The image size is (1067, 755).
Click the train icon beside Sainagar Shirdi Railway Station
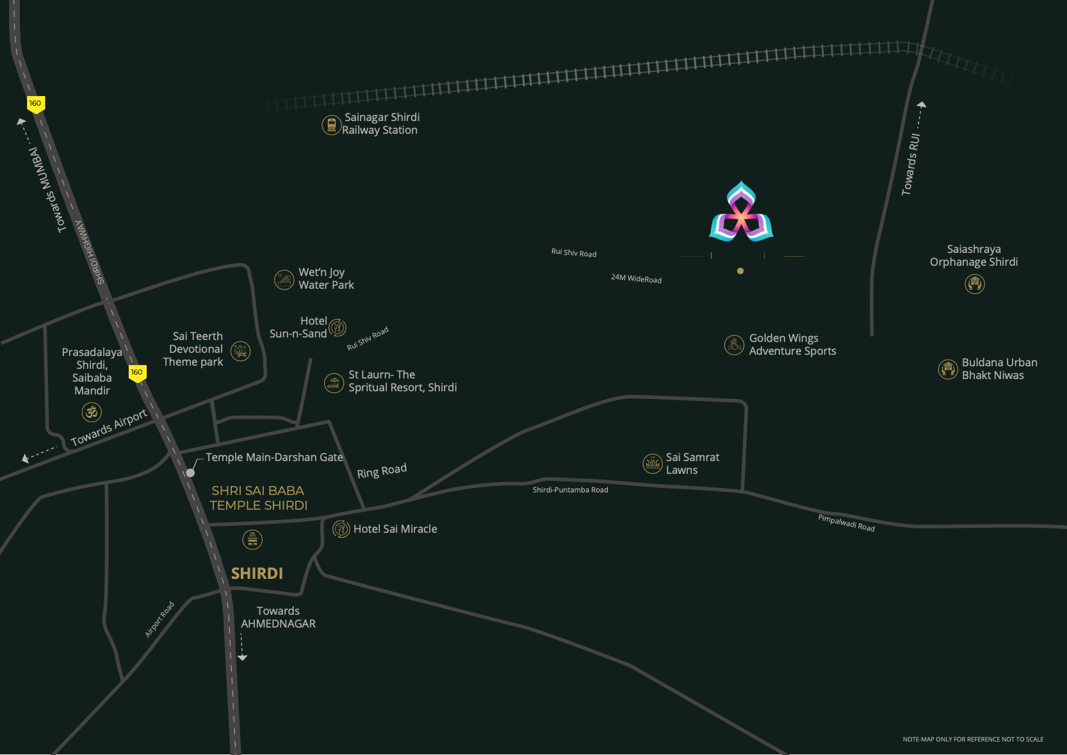[331, 125]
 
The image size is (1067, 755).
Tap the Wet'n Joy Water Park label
[326, 279]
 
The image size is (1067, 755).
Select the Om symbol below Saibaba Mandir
[92, 412]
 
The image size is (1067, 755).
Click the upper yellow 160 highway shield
[35, 104]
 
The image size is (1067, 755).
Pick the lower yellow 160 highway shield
[137, 373]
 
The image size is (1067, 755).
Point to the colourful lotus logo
[741, 213]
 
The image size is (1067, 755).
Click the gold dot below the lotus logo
[740, 271]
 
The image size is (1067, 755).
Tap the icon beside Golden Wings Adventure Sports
[734, 345]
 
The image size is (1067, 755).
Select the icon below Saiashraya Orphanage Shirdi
[975, 284]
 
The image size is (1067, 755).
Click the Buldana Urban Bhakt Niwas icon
[948, 369]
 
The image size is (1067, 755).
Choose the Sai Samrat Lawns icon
[652, 464]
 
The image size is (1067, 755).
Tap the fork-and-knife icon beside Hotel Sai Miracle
[341, 529]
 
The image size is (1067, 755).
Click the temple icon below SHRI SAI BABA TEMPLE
[252, 540]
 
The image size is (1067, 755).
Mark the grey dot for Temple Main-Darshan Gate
[190, 473]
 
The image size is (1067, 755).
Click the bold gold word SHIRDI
[257, 573]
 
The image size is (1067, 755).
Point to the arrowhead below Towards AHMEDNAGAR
[242, 657]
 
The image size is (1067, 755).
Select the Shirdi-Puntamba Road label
[570, 490]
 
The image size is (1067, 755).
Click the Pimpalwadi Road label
[846, 523]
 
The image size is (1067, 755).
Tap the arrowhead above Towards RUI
[921, 104]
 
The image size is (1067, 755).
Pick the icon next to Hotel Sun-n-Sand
[338, 328]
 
